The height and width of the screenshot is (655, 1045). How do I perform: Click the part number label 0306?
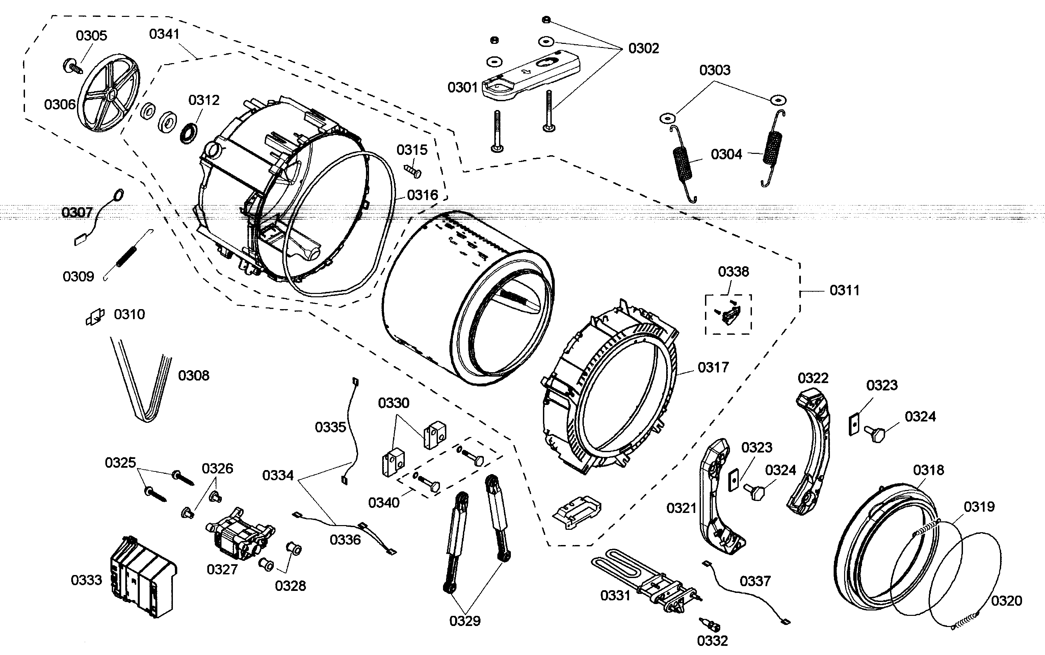(x=60, y=104)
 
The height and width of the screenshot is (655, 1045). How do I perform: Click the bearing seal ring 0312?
(x=188, y=133)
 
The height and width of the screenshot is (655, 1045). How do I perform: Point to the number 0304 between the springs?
(x=726, y=154)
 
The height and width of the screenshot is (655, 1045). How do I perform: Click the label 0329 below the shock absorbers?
(x=465, y=621)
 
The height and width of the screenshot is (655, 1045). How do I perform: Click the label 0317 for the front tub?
(x=713, y=367)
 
